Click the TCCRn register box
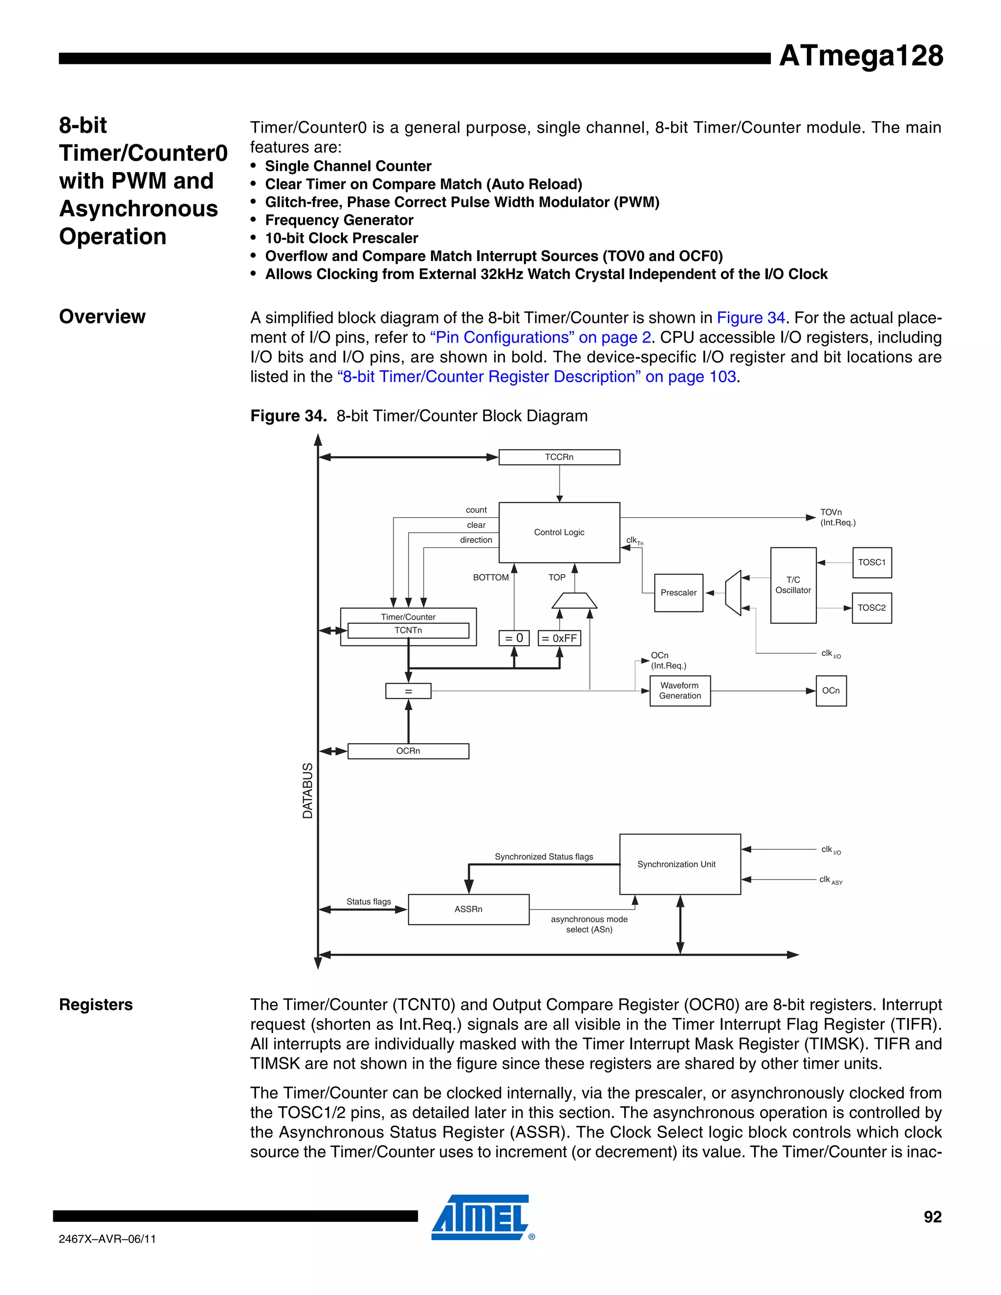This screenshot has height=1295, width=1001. point(559,457)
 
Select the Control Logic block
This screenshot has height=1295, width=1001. point(559,533)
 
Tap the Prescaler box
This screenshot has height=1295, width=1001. point(678,592)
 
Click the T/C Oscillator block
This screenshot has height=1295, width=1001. point(793,585)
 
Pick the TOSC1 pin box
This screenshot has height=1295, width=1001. point(871,562)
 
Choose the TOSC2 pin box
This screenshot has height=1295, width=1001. point(871,608)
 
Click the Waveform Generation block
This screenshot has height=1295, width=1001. point(679,691)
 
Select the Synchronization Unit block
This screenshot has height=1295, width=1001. point(679,864)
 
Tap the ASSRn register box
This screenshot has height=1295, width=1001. point(468,909)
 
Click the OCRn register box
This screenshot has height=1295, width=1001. point(408,751)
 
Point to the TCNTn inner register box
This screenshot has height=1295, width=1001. point(408,630)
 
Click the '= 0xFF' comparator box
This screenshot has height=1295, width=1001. point(559,638)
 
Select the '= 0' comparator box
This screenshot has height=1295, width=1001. point(514,638)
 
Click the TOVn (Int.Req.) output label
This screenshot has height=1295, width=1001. point(837,517)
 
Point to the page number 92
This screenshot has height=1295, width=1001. point(932,1217)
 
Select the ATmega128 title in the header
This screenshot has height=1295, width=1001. point(860,56)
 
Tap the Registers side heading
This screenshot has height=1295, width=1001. point(96,1004)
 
